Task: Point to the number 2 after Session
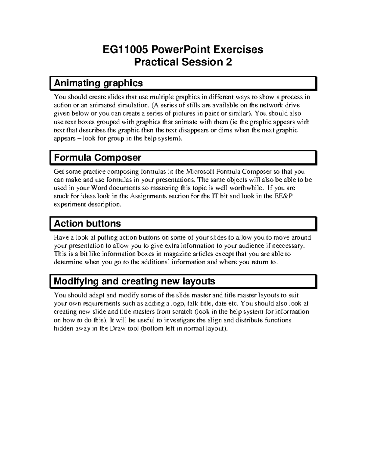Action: (x=228, y=62)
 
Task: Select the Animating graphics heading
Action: (x=98, y=83)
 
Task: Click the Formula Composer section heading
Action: (x=97, y=157)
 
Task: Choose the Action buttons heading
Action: (x=87, y=223)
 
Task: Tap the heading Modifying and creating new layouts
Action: (x=134, y=281)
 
